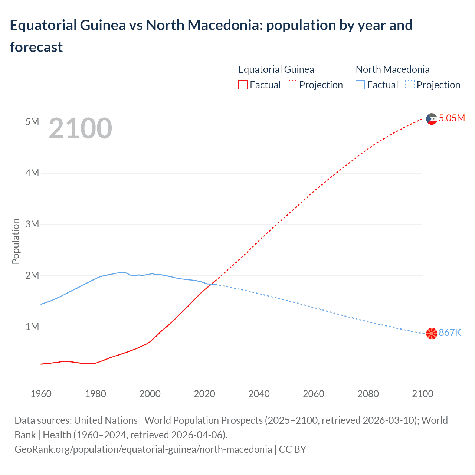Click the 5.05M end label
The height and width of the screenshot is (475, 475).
[452, 118]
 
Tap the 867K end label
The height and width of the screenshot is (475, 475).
[450, 333]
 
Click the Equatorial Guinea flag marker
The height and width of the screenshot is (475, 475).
[432, 119]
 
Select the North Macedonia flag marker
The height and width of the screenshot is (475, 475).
[432, 333]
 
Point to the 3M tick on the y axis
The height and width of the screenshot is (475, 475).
[32, 224]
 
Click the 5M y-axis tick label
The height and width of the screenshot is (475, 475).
[32, 122]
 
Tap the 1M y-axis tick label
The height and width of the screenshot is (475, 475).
[32, 327]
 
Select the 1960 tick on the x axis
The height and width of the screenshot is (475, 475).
[41, 394]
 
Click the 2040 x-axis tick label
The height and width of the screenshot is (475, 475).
[259, 394]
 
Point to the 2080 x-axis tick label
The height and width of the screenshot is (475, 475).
[368, 394]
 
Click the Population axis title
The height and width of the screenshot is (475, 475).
[16, 241]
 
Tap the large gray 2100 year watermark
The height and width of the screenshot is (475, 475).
[80, 128]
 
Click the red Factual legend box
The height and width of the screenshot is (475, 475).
[243, 85]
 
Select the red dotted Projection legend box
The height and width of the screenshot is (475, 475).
[292, 85]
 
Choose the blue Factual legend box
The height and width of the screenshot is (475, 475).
[360, 85]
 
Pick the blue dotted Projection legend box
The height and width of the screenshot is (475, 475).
[410, 85]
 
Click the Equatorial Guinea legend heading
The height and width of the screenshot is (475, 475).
[276, 69]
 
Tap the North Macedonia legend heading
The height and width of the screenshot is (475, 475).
[393, 69]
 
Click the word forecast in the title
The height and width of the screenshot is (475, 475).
[36, 47]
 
